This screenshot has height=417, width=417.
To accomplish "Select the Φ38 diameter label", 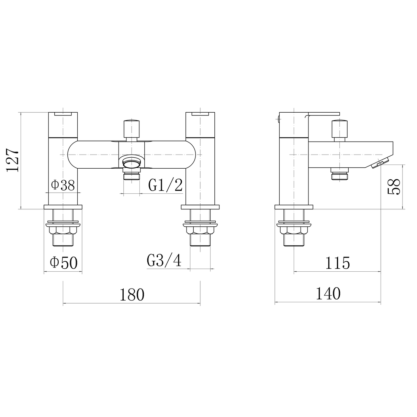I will (63, 185).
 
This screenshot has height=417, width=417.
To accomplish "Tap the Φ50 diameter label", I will (64, 263).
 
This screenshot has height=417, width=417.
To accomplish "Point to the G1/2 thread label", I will (165, 185).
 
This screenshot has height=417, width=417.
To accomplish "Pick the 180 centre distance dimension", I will (132, 295).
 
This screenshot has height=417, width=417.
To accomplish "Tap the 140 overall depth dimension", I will (328, 294).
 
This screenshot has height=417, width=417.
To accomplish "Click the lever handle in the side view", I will (324, 114).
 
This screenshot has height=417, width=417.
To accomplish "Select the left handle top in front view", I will (63, 114).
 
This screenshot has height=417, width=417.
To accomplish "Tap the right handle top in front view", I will (200, 114).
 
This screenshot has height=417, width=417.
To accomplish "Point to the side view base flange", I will (294, 207).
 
